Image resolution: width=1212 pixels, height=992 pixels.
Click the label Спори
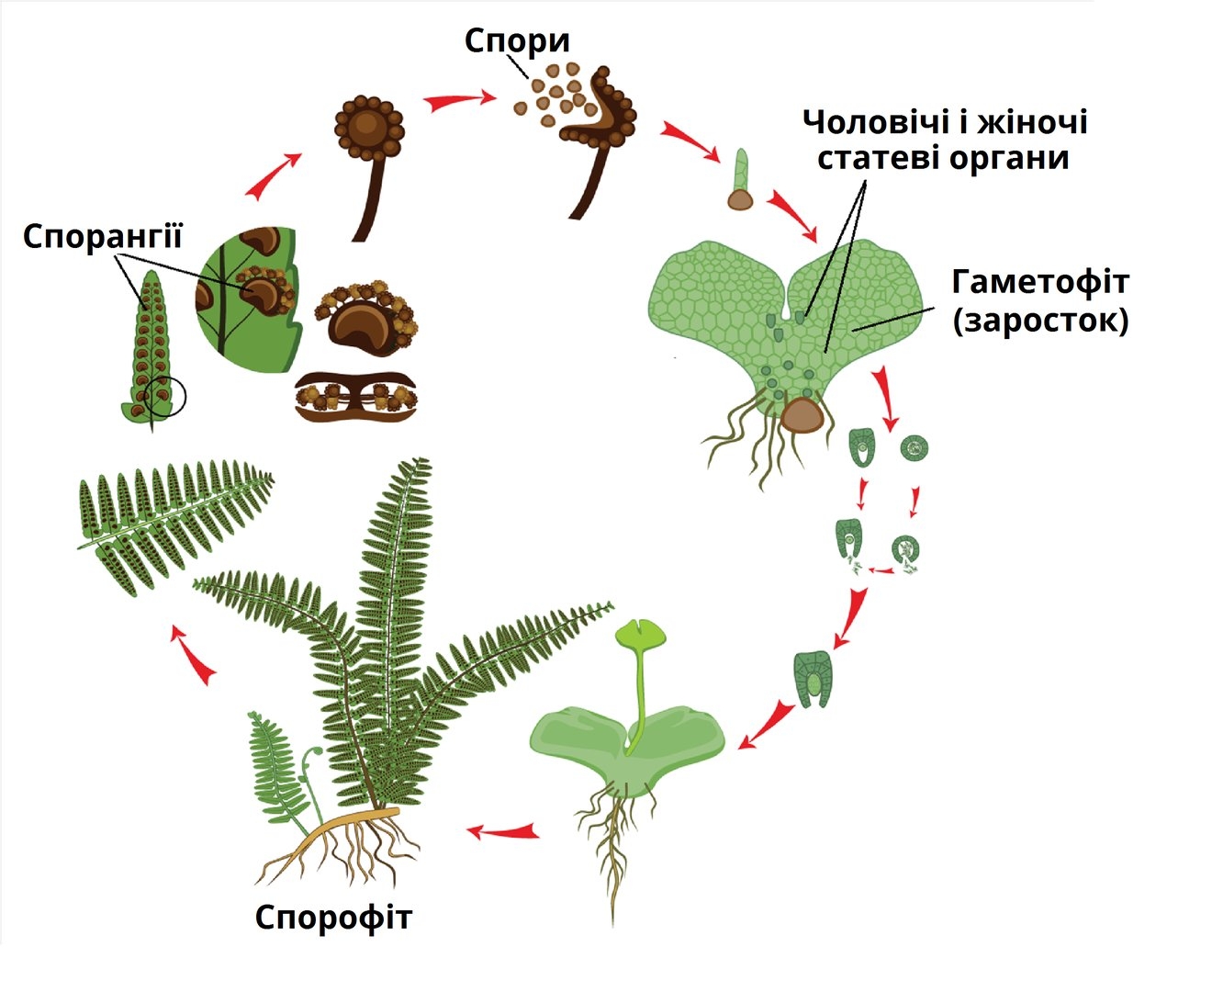pyautogui.click(x=517, y=40)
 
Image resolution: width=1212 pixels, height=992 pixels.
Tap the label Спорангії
pyautogui.click(x=103, y=237)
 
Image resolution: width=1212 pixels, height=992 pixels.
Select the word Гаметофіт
pyautogui.click(x=1039, y=281)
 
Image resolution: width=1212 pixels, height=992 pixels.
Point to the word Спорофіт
pyautogui.click(x=333, y=917)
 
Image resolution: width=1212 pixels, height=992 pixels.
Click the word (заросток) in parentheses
pyautogui.click(x=1040, y=321)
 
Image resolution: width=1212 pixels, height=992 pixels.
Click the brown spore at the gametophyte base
pyautogui.click(x=802, y=415)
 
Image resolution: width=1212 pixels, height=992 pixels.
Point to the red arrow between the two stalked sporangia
pyautogui.click(x=456, y=98)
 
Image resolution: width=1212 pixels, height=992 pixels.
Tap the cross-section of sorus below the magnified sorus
pyautogui.click(x=358, y=396)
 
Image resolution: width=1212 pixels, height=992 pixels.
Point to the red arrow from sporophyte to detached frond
pyautogui.click(x=196, y=656)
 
